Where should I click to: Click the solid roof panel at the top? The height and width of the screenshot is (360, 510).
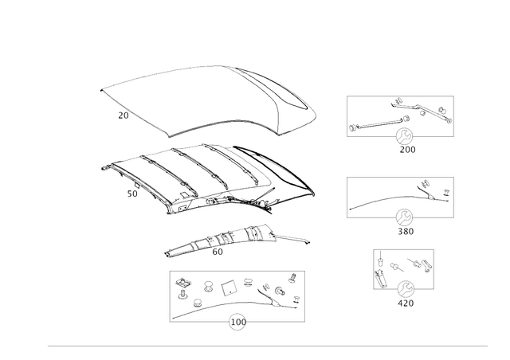[x=207, y=100]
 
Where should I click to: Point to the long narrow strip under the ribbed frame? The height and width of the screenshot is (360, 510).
[x=231, y=241]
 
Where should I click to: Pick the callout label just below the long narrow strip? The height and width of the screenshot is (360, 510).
[x=216, y=254]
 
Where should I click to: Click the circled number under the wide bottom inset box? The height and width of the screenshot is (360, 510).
[x=236, y=323]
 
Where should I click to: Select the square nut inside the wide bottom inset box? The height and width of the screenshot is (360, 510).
[x=228, y=285]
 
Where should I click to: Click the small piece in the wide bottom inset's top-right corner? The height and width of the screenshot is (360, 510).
[x=292, y=278]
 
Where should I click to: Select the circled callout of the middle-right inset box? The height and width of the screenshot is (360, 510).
[x=406, y=217]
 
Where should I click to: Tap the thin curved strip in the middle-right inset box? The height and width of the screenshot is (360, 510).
[x=379, y=202]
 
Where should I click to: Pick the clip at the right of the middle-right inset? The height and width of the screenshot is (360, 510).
[x=431, y=192]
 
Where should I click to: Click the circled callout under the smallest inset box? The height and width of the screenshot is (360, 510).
[x=406, y=292]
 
